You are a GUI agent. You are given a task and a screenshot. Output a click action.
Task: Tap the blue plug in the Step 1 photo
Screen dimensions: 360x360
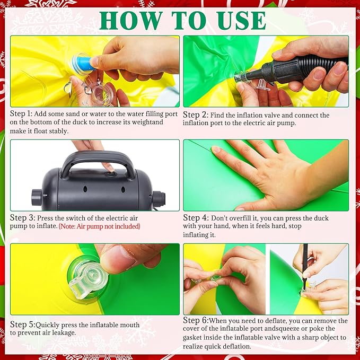[83, 64]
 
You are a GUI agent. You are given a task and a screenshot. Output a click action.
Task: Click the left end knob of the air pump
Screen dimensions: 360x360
[37, 197]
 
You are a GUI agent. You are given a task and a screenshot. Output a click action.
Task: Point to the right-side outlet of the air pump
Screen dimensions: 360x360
[159, 199]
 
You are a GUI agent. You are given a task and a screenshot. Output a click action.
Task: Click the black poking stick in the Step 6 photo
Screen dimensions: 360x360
[305, 267]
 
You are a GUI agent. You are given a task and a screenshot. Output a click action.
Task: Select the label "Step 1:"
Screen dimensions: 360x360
[21, 113]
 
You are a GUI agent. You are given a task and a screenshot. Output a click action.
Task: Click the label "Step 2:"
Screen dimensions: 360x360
[196, 115]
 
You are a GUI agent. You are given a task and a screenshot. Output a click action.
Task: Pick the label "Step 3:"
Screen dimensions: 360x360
[22, 218]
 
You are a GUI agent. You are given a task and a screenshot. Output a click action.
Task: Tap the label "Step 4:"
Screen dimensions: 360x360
[196, 218]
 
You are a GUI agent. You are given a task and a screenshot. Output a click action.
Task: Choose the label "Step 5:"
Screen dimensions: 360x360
[23, 324]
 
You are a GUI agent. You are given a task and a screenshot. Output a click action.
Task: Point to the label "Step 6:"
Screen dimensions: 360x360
[196, 320]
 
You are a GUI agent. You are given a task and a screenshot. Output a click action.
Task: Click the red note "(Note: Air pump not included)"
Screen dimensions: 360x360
[100, 226]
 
